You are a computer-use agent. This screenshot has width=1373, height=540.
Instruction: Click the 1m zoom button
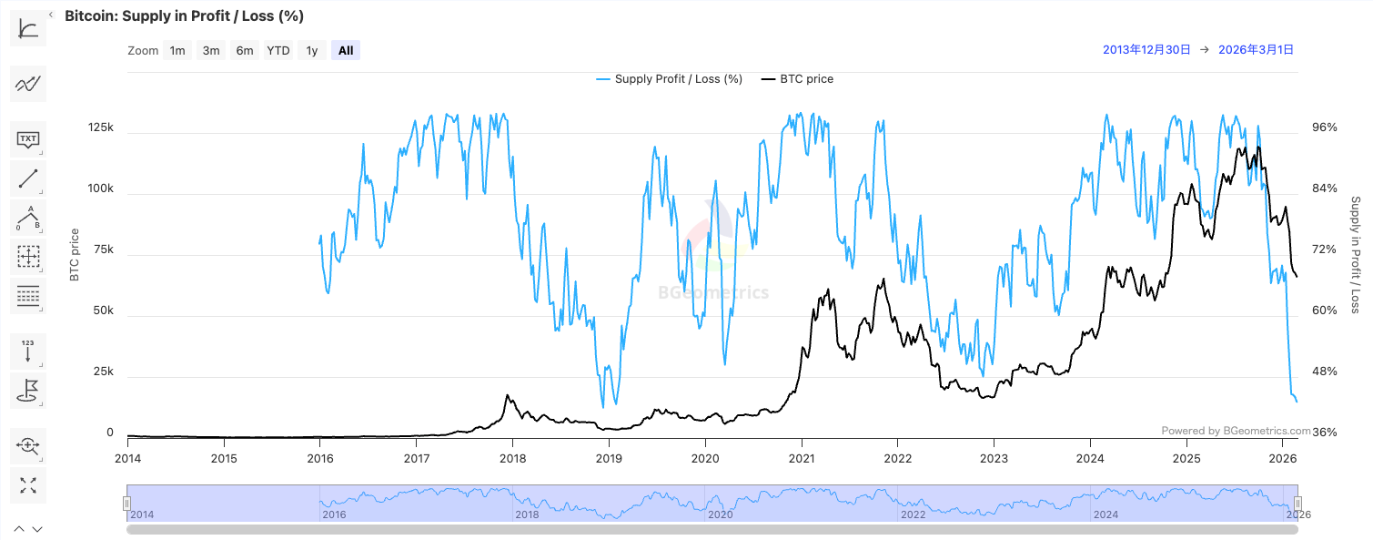coord(177,51)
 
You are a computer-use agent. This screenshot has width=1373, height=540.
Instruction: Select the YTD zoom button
coord(278,51)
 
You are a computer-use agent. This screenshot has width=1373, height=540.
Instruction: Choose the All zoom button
coord(346,51)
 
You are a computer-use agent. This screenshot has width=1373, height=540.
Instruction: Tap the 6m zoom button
coord(245,51)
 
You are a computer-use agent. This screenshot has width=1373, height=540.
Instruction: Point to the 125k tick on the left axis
coord(100,127)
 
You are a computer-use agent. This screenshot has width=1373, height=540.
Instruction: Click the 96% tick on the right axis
coord(1324,127)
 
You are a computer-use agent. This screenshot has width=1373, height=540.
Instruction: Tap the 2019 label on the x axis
coord(609,458)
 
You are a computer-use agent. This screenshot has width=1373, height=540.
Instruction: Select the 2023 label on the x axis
coord(994,458)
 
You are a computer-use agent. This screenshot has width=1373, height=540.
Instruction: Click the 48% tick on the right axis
coord(1324,372)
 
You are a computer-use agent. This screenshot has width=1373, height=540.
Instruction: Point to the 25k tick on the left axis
coord(104,372)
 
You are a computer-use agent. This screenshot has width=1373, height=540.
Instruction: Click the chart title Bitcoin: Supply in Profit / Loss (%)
coord(184,15)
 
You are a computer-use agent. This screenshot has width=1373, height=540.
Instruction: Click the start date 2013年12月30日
coord(1146,50)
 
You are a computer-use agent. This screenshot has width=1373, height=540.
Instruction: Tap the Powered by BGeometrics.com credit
coord(1236,431)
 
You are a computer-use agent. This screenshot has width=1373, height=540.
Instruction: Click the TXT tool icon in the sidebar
coord(28,140)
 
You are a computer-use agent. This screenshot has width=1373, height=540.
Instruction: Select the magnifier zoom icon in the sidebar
coord(28,445)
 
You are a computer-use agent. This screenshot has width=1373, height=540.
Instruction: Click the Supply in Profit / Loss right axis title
coord(1355,255)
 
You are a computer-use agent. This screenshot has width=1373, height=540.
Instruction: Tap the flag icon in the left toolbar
coord(28,391)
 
